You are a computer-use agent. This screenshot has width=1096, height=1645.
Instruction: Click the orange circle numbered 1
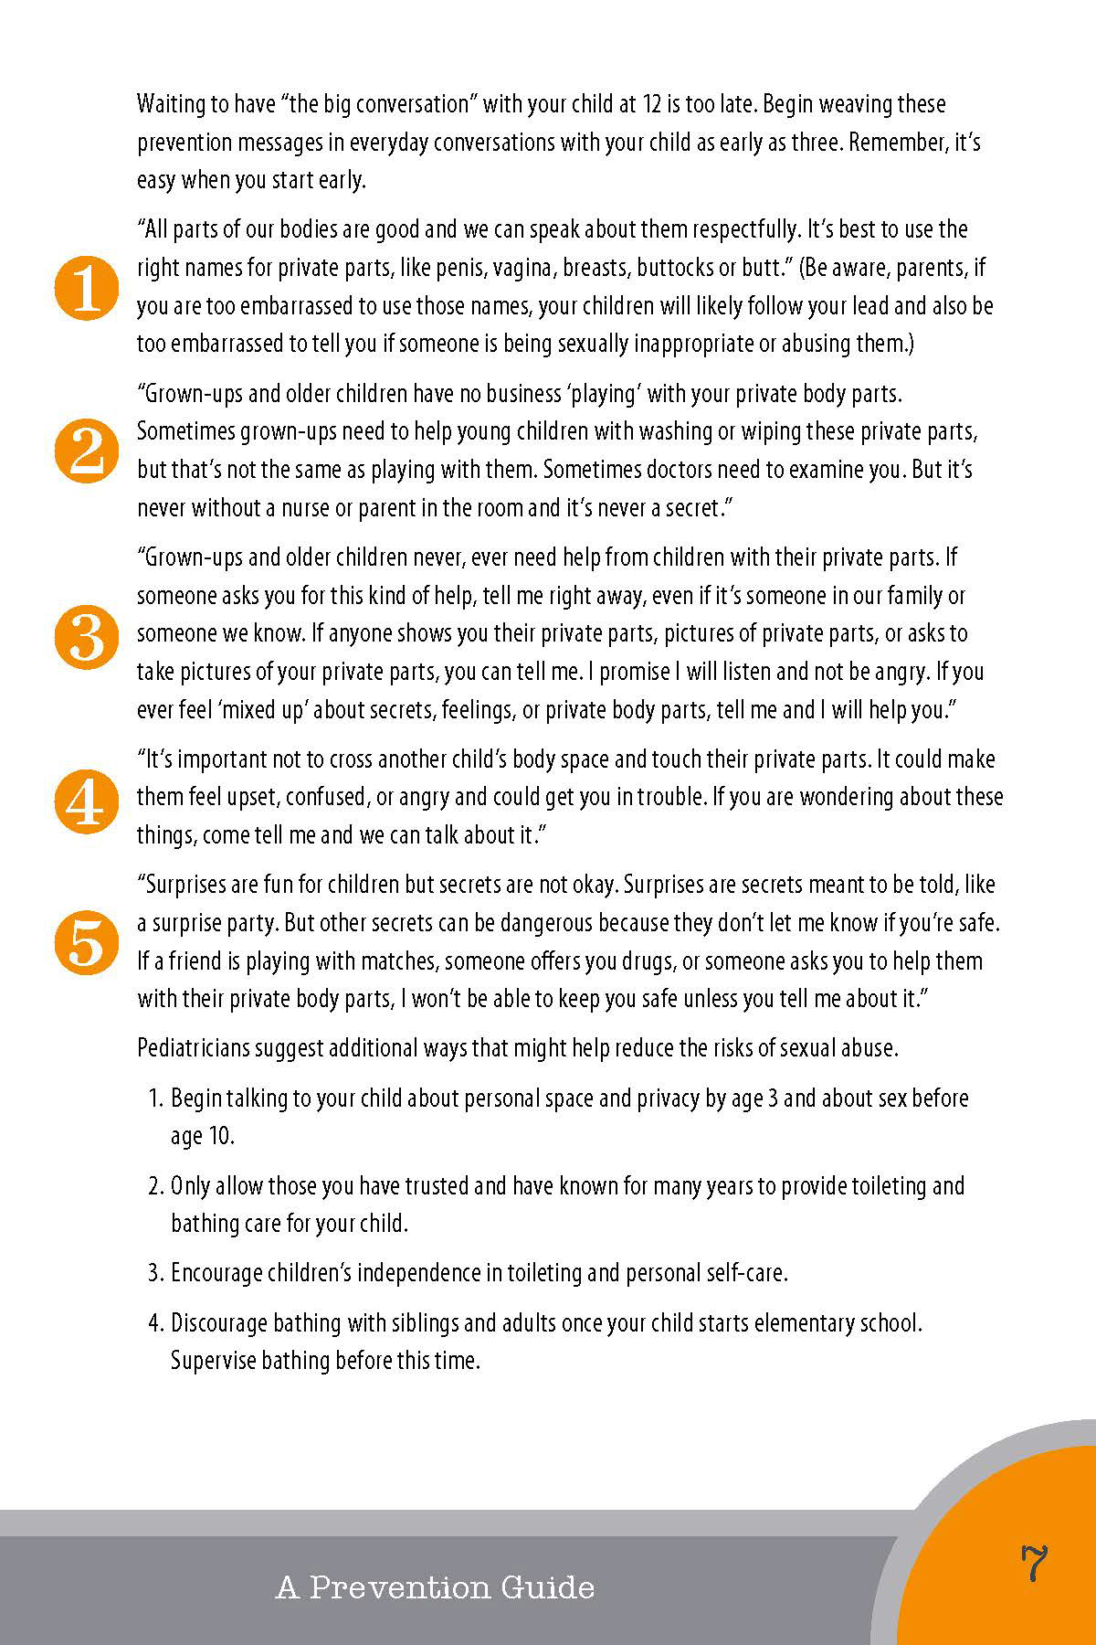[87, 288]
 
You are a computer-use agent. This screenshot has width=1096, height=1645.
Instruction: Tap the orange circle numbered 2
[87, 451]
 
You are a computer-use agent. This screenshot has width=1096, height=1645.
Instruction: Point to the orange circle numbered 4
[87, 800]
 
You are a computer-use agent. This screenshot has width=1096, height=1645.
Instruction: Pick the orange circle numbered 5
[87, 942]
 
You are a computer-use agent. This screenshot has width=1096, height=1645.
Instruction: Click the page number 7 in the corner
[1033, 1563]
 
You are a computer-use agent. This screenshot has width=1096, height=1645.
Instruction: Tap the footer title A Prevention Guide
[435, 1587]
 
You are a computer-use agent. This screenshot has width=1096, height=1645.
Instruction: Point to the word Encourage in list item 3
[216, 1273]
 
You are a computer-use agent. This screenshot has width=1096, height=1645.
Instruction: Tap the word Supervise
[210, 1361]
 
